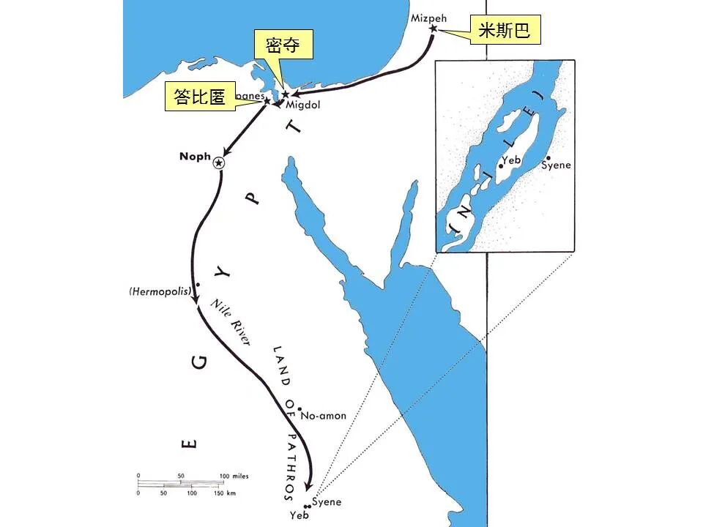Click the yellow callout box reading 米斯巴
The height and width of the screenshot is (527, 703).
pyautogui.click(x=505, y=31)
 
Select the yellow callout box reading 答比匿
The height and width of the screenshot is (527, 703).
pyautogui.click(x=200, y=97)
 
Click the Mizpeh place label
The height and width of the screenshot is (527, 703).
pyautogui.click(x=428, y=17)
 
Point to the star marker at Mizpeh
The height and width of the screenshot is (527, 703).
pyautogui.click(x=433, y=29)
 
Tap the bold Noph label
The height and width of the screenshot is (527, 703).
pyautogui.click(x=194, y=157)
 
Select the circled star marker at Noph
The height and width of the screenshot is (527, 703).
pyautogui.click(x=218, y=163)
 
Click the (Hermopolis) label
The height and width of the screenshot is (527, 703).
pyautogui.click(x=160, y=291)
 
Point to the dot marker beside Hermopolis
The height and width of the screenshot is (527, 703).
pyautogui.click(x=198, y=284)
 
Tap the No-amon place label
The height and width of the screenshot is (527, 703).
pyautogui.click(x=324, y=416)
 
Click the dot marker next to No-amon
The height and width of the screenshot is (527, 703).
pyautogui.click(x=300, y=409)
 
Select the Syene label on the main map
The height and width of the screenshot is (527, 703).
pyautogui.click(x=327, y=502)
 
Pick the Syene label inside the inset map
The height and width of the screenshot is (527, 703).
pyautogui.click(x=556, y=165)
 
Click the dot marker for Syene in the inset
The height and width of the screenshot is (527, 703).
pyautogui.click(x=548, y=157)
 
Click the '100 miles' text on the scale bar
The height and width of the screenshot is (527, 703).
pyautogui.click(x=234, y=476)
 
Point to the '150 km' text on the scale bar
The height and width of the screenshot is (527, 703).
pyautogui.click(x=226, y=493)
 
